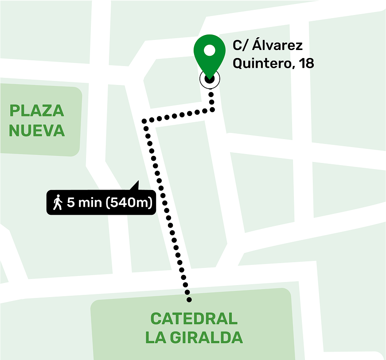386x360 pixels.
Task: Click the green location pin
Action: tap(210, 55)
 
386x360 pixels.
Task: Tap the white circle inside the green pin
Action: tap(210, 50)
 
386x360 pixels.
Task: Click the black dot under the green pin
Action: tap(210, 79)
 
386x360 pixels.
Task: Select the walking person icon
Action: tap(58, 203)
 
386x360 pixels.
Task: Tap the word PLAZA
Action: tap(37, 111)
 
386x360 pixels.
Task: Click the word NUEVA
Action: tap(37, 131)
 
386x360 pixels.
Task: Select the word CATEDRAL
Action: tap(194, 318)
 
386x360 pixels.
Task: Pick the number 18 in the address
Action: tap(307, 63)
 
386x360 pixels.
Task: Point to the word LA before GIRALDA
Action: tap(155, 338)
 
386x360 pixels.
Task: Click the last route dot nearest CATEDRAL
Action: tap(189, 300)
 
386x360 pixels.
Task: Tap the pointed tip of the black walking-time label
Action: tap(138, 182)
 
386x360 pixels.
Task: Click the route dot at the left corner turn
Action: tap(144, 120)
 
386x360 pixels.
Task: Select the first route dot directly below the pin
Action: tap(211, 94)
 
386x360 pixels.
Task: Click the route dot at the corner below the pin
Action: tap(213, 109)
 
